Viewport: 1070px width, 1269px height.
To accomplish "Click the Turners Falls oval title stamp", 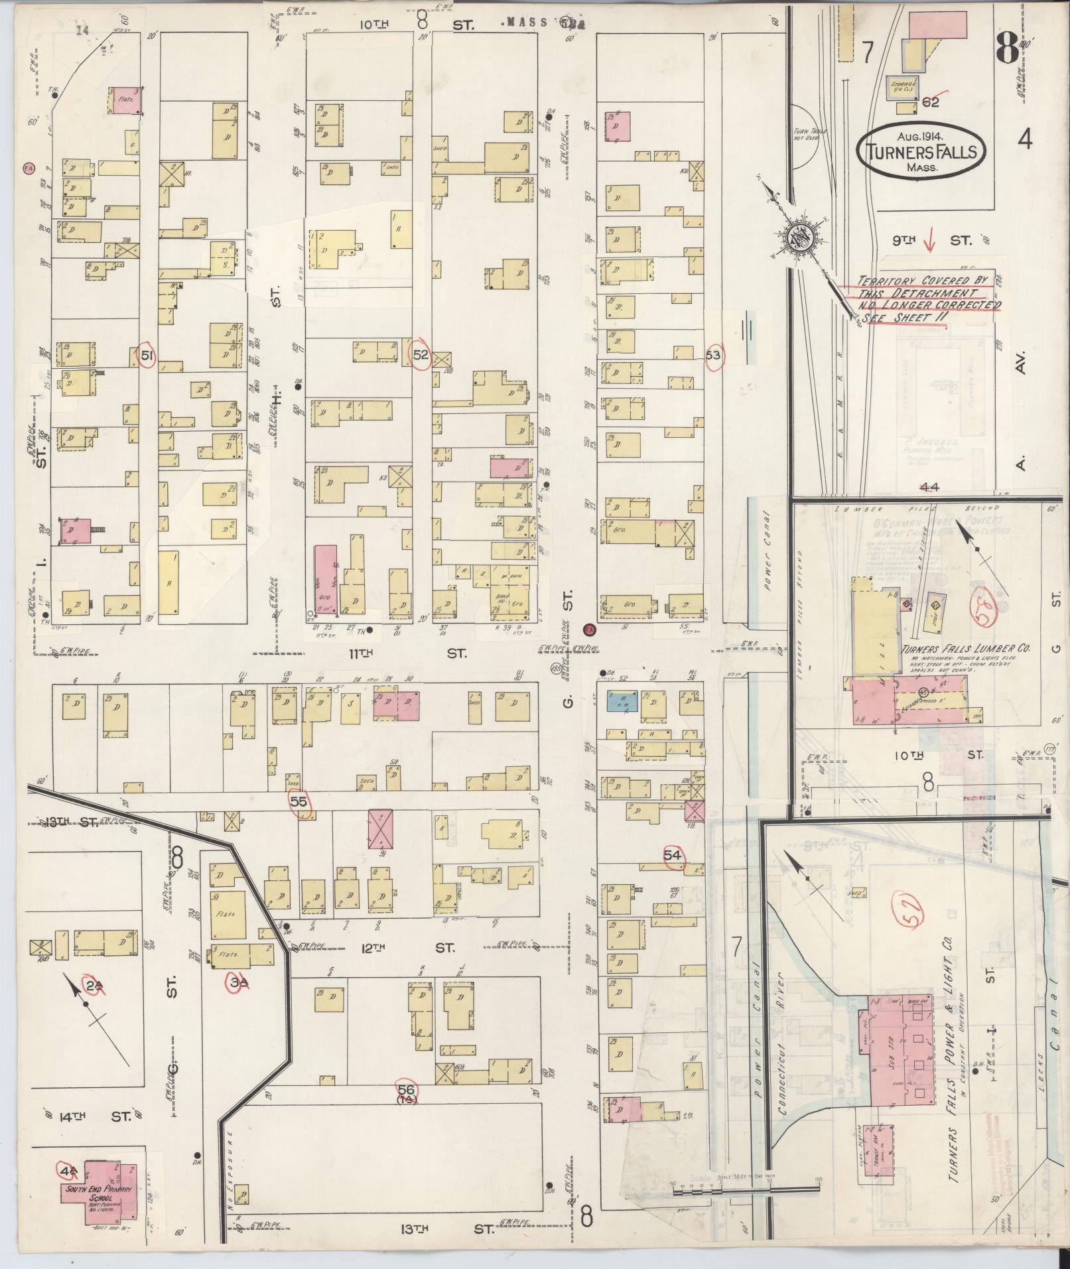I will click(x=921, y=151).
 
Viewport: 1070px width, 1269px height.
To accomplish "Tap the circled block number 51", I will click(x=147, y=356).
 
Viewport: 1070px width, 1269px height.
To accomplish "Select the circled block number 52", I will click(x=420, y=355).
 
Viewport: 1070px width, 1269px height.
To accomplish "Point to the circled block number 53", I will click(x=713, y=355).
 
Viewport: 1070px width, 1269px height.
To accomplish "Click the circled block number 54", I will click(x=673, y=856).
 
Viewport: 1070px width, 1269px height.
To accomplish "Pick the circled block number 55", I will click(x=300, y=801).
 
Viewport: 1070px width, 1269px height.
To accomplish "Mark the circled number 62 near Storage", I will click(x=931, y=102).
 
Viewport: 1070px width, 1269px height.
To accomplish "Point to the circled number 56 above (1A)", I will click(x=407, y=1089).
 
